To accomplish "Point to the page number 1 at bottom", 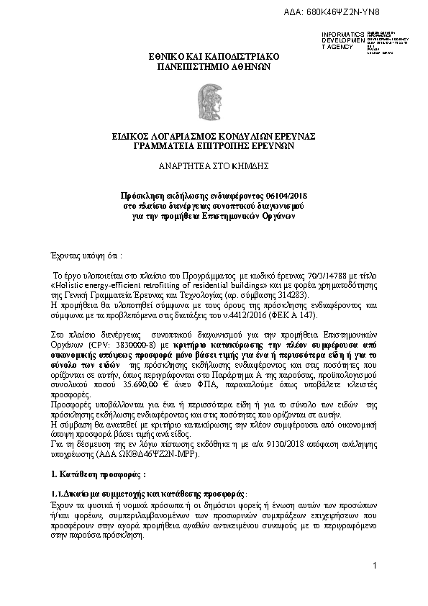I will pos(375,565).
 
